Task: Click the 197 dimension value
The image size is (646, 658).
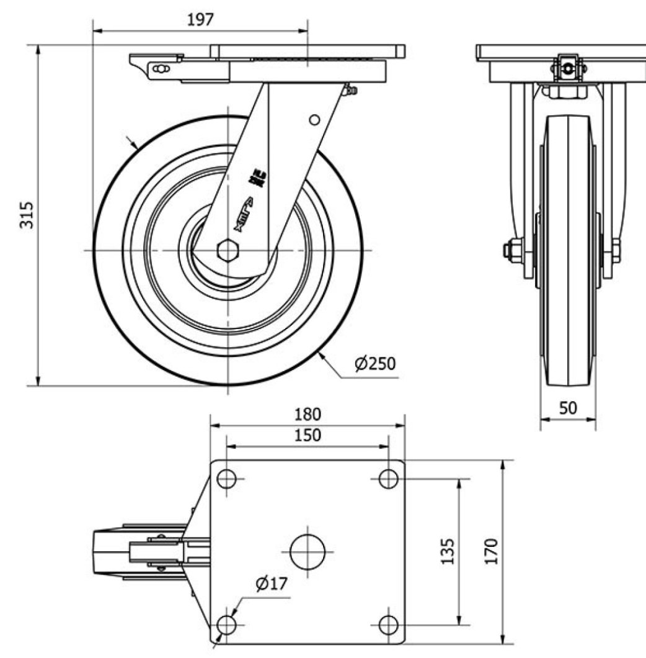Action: tap(200, 19)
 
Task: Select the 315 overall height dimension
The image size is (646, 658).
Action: tap(26, 215)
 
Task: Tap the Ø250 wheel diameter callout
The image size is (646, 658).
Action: tap(374, 363)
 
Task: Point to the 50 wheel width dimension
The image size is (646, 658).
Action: tap(568, 408)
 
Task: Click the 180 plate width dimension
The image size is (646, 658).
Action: tap(308, 414)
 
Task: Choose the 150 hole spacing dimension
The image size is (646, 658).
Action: tap(308, 435)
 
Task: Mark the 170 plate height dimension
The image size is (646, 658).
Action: tap(491, 551)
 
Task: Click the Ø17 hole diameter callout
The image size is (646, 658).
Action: tap(270, 584)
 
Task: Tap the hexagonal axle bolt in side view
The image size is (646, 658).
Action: tap(228, 250)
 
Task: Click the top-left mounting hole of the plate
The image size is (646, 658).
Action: tap(227, 479)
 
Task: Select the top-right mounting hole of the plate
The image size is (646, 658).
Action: tap(388, 479)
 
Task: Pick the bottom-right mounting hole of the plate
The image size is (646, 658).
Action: tap(388, 623)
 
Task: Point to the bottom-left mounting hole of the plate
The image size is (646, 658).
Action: tap(227, 623)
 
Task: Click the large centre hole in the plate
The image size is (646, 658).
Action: tap(308, 551)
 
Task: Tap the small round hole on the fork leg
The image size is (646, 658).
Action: tap(314, 119)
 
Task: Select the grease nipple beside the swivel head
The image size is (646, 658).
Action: tap(352, 91)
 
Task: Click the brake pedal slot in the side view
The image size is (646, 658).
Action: tap(161, 69)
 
